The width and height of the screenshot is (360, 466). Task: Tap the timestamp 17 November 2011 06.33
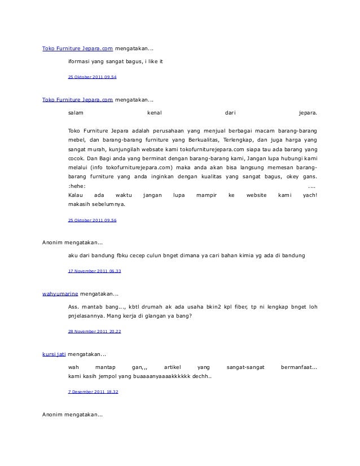tap(94, 271)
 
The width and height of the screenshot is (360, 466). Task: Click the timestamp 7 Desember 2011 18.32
tap(93, 390)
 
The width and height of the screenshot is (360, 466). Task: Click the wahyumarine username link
tap(60, 294)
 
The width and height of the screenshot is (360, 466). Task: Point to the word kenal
tap(154, 113)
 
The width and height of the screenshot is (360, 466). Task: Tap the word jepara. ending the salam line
tap(308, 113)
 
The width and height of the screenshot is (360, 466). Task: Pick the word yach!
tap(310, 195)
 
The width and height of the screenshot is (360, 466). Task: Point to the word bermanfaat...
tap(298, 367)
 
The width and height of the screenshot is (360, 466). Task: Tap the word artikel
tap(166, 367)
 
